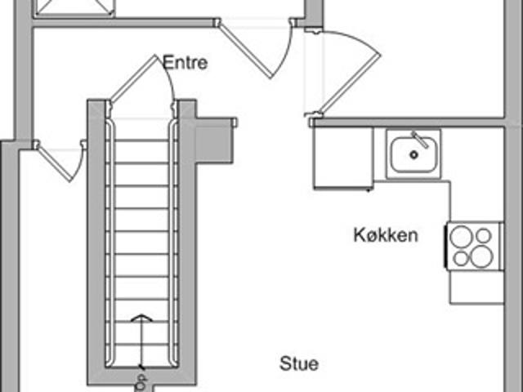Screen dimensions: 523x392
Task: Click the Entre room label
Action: point(186,62)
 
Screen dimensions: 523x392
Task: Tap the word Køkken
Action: point(386,235)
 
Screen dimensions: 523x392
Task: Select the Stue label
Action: point(299,363)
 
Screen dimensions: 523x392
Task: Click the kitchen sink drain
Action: point(414,154)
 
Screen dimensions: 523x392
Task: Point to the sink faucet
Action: point(420,140)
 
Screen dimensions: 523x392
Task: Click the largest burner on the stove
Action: point(481,256)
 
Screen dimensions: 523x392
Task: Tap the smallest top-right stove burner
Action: point(484,236)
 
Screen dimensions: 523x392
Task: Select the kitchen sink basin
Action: point(414,154)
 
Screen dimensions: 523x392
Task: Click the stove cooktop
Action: point(474,247)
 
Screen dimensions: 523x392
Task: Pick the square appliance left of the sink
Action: point(343,158)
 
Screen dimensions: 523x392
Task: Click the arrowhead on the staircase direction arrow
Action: point(141,318)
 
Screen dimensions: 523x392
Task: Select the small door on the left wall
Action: point(54,163)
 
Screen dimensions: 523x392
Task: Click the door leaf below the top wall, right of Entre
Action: point(245,51)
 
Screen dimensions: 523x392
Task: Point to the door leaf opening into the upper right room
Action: point(351,83)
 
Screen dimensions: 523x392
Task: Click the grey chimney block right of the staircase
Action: point(214,140)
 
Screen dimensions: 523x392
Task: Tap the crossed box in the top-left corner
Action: point(74,7)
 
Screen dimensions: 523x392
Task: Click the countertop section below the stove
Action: point(477,287)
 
